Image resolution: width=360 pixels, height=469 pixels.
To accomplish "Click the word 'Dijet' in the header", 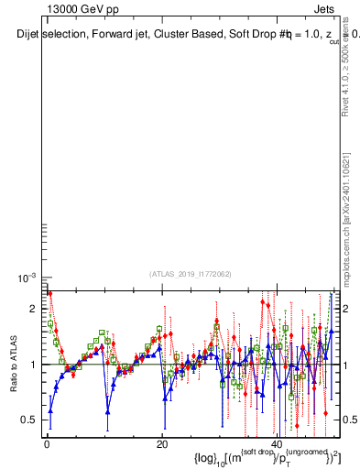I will [30, 35].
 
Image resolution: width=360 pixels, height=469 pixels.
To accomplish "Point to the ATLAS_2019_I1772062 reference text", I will [191, 273].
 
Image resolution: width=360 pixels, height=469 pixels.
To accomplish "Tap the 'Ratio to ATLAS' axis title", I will [14, 364].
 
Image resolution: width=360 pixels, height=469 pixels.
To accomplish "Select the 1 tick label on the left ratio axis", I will [35, 365].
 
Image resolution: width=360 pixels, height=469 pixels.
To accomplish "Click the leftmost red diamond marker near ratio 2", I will [49, 294].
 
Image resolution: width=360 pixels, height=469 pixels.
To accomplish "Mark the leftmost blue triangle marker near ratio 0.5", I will [50, 411].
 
